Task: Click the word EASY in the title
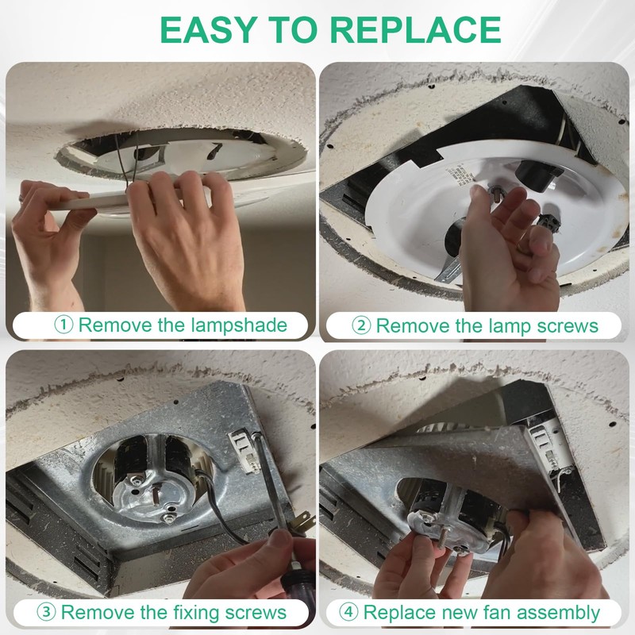(208, 29)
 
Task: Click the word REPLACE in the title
(416, 29)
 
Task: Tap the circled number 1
(63, 325)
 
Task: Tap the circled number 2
(361, 325)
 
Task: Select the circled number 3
(46, 612)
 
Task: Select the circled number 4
(348, 612)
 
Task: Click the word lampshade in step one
(239, 325)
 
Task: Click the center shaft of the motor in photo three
(156, 494)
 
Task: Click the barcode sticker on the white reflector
(460, 175)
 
